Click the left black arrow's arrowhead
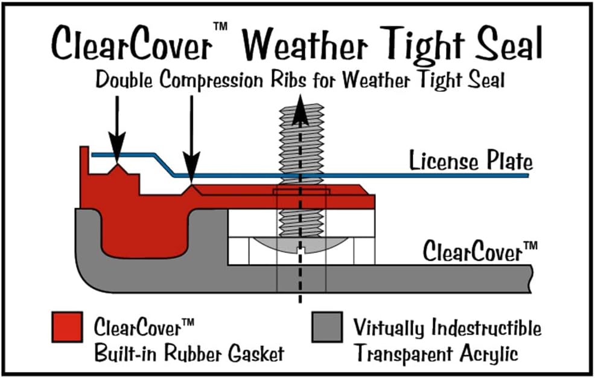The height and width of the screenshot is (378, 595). (117, 152)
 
